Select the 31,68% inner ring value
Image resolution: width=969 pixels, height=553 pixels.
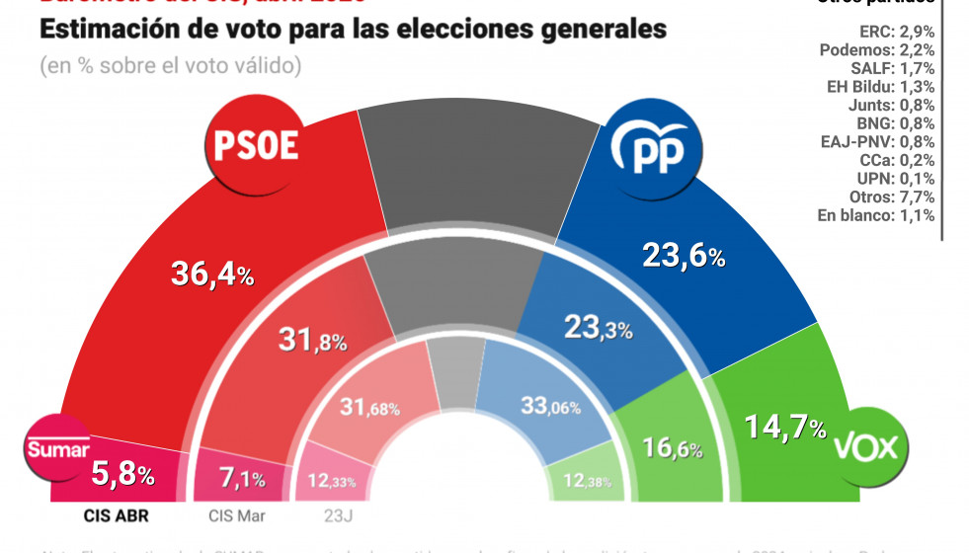(x=363, y=406)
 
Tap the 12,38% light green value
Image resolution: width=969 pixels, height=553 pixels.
(x=579, y=482)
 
